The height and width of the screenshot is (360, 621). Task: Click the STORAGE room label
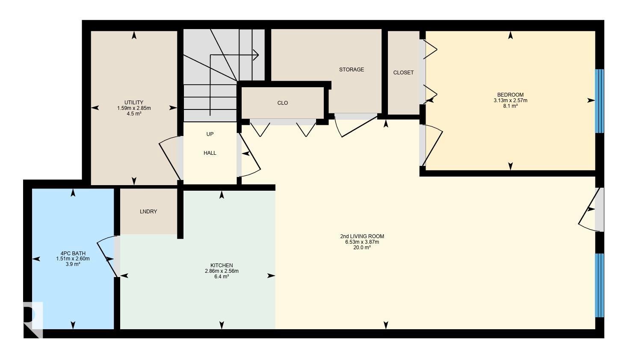pyautogui.click(x=352, y=70)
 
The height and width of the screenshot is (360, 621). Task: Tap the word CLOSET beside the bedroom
pyautogui.click(x=403, y=73)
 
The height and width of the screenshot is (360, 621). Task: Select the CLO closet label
pyautogui.click(x=283, y=103)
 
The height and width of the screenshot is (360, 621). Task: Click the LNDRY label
pyautogui.click(x=148, y=212)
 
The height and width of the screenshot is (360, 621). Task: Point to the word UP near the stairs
pyautogui.click(x=210, y=134)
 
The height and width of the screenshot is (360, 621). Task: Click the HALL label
pyautogui.click(x=210, y=153)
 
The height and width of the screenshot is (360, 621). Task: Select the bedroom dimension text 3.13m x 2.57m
pyautogui.click(x=510, y=100)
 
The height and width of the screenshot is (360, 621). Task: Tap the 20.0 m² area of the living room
pyautogui.click(x=362, y=248)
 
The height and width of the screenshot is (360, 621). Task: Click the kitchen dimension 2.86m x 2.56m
pyautogui.click(x=222, y=271)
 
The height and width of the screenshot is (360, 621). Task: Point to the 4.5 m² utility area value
pyautogui.click(x=134, y=113)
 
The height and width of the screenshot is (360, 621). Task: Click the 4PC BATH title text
pyautogui.click(x=73, y=253)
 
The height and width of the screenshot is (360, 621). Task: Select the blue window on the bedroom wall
pyautogui.click(x=599, y=101)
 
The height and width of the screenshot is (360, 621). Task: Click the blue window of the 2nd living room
pyautogui.click(x=599, y=285)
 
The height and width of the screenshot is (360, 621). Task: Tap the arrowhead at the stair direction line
pyautogui.click(x=256, y=55)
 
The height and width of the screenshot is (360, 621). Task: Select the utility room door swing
pyautogui.click(x=170, y=158)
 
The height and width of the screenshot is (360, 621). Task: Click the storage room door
pyautogui.click(x=357, y=126)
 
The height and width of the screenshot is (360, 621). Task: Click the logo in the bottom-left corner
pyautogui.click(x=33, y=320)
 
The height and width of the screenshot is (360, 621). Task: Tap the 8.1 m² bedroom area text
pyautogui.click(x=510, y=106)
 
